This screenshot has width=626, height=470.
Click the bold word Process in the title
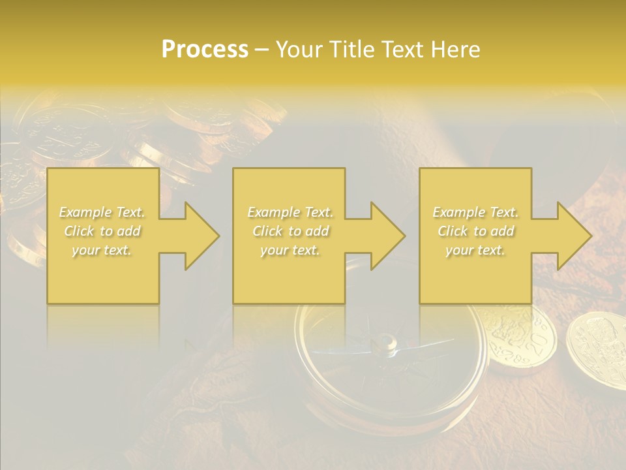205,50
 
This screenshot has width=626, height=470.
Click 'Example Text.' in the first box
102,212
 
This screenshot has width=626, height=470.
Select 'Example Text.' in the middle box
290,212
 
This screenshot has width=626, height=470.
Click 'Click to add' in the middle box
290,231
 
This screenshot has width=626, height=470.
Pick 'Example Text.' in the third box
475,212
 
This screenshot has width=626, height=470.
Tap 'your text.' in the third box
475,250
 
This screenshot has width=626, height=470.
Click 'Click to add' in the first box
102,231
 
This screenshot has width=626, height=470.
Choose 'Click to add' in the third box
475,231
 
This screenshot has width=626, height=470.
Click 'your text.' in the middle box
290,250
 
